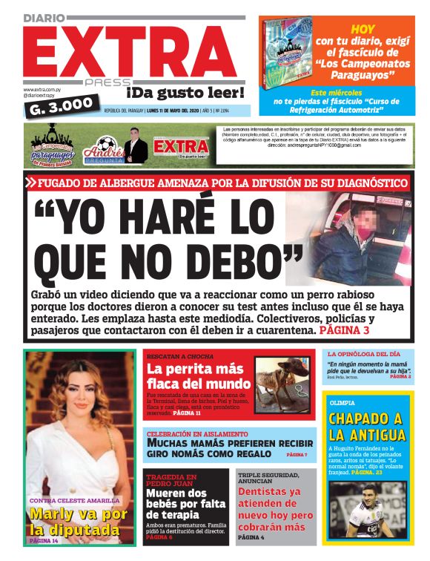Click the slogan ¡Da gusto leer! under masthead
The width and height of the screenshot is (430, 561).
pyautogui.click(x=185, y=93)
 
